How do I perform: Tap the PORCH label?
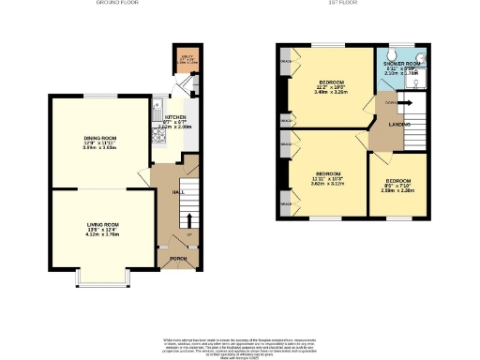[175, 259]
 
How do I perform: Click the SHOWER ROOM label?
[401, 65]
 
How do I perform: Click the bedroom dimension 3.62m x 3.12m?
[328, 184]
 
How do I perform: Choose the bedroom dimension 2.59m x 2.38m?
[398, 189]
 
